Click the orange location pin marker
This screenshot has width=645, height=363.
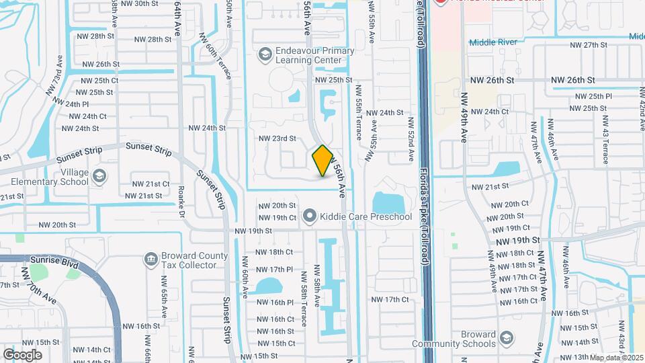click(322, 161)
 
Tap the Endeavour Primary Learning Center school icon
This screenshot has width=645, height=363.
click(266, 53)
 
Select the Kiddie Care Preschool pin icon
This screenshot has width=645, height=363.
click(310, 216)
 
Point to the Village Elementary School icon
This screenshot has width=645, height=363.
click(99, 176)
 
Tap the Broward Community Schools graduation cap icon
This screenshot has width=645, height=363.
click(509, 337)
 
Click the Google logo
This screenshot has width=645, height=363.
click(23, 354)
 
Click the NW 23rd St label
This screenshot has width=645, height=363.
click(277, 138)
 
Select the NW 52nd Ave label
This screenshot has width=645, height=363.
click(409, 139)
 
